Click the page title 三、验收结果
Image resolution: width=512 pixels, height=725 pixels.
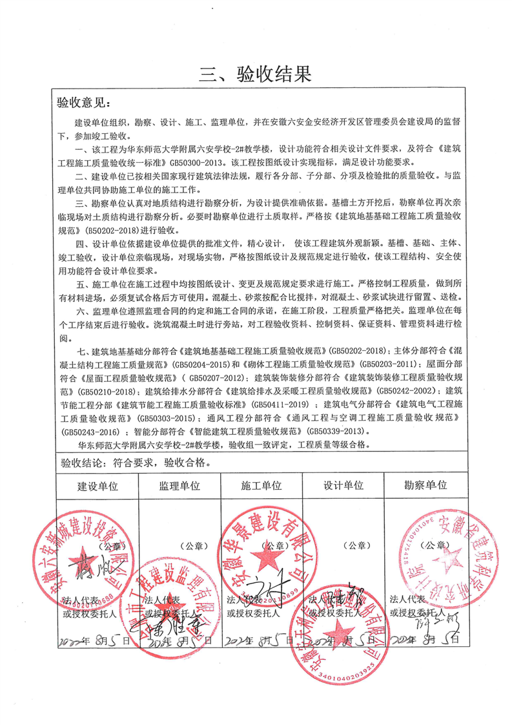[x=256, y=74]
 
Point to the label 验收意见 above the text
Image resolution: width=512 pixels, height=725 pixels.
[x=84, y=103]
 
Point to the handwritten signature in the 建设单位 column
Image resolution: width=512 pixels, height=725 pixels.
[x=94, y=572]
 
